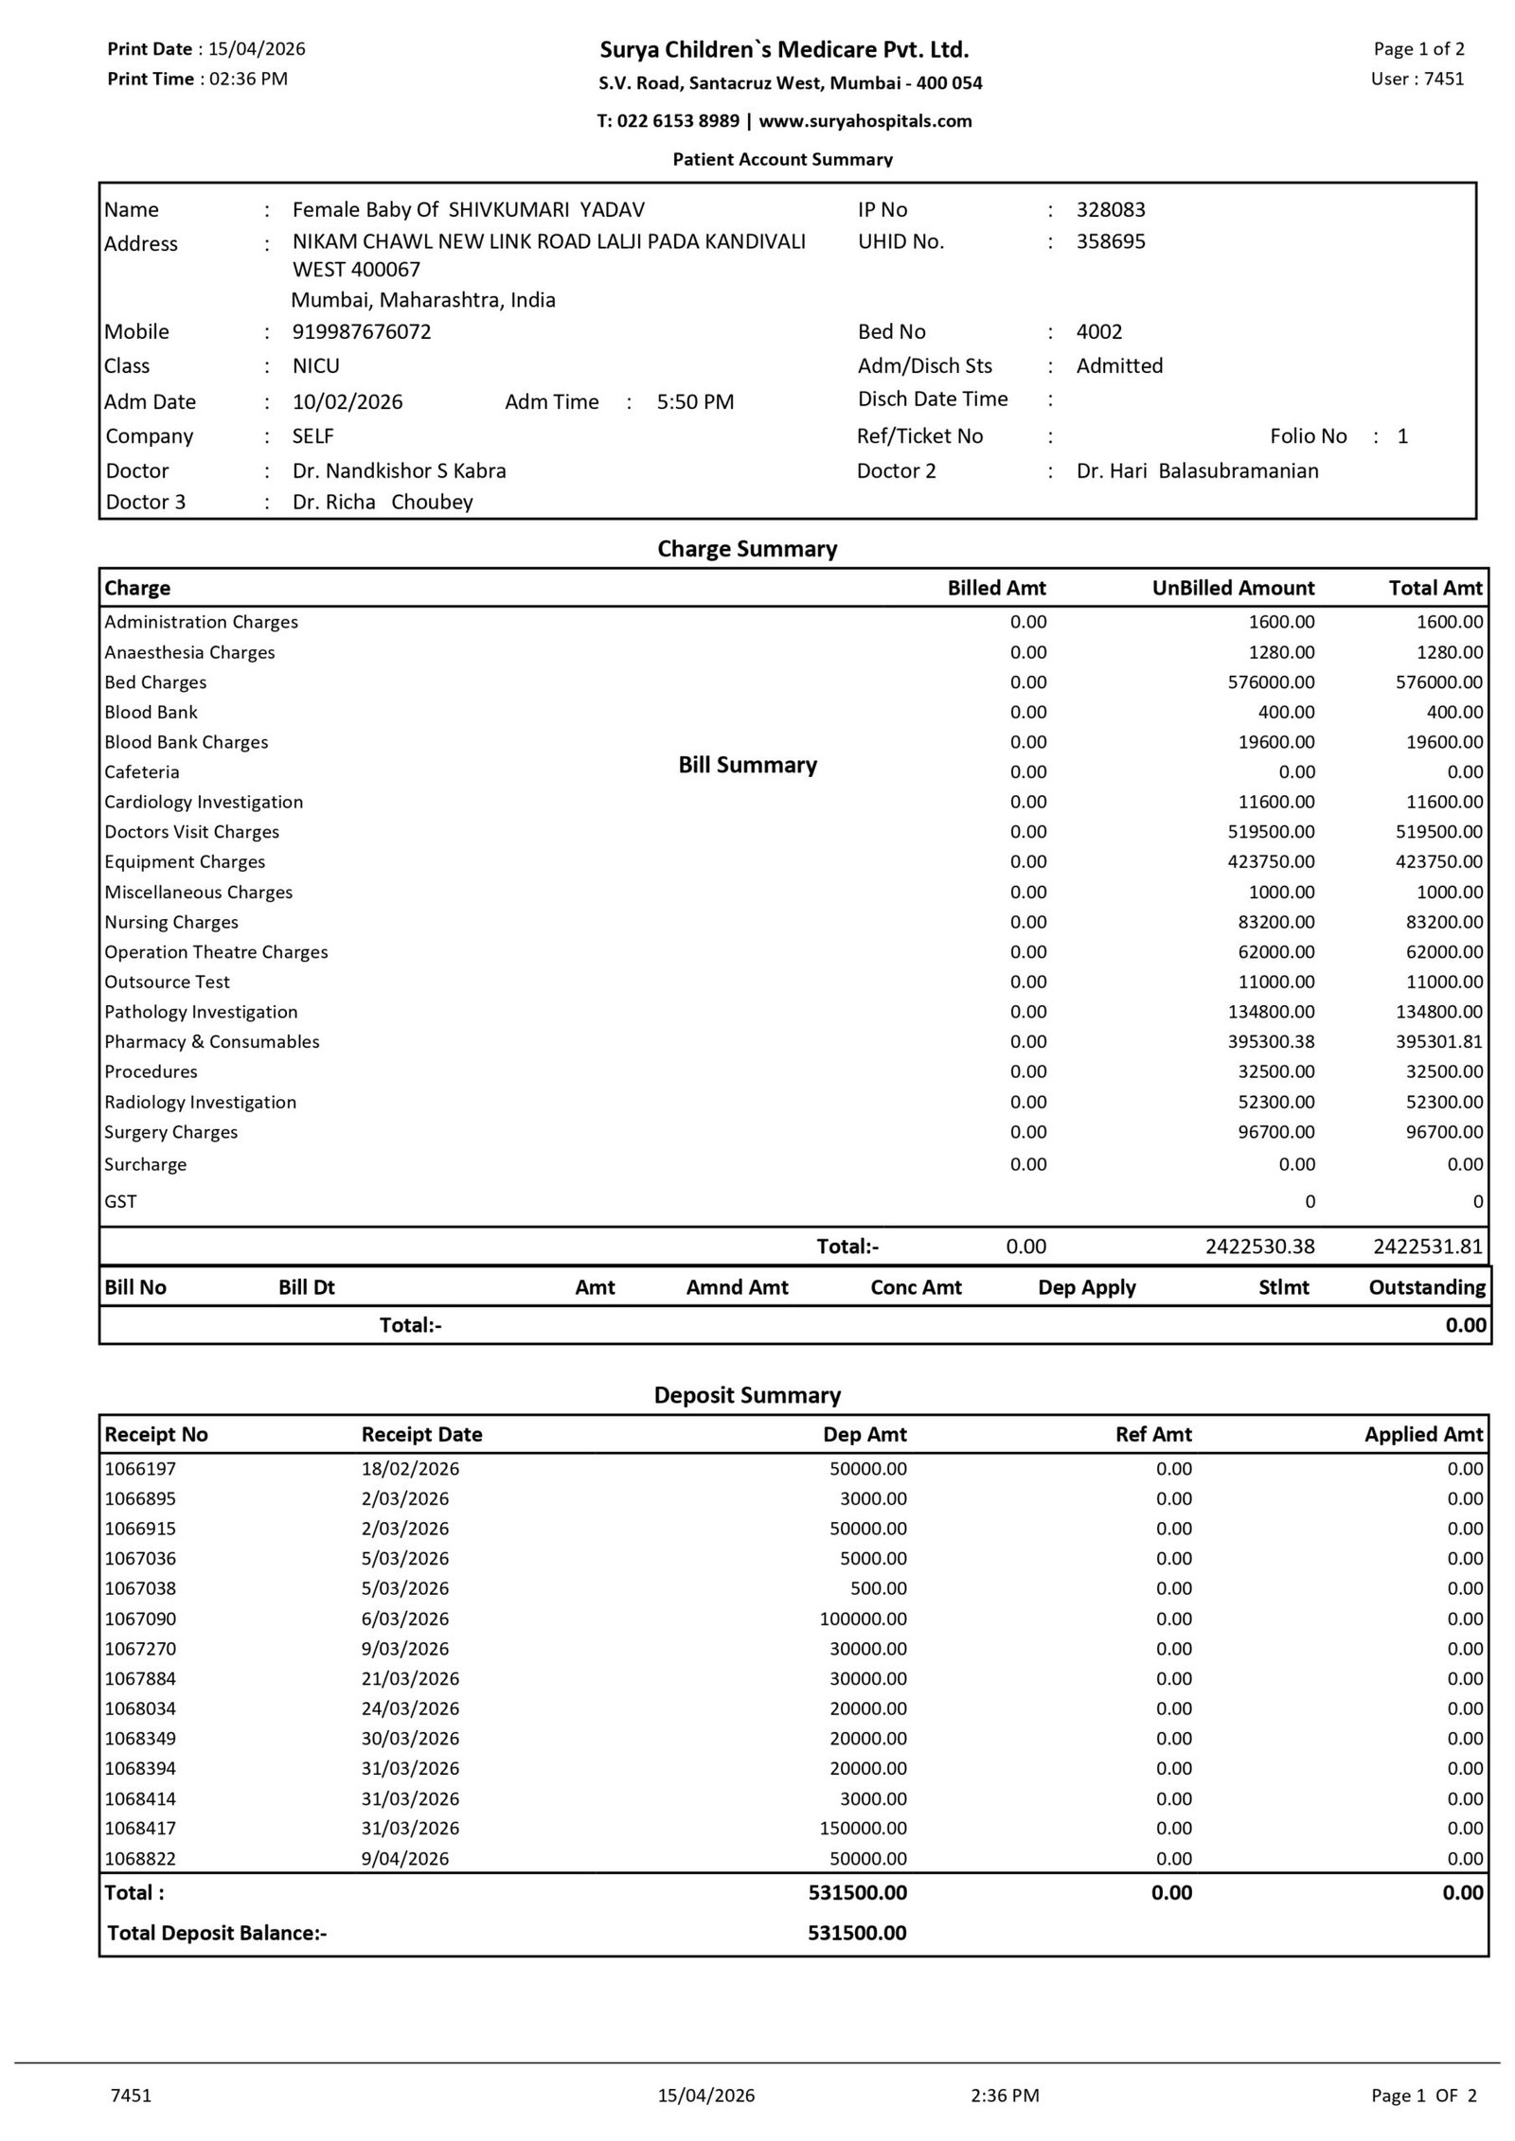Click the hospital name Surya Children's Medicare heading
click(784, 49)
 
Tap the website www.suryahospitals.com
click(864, 121)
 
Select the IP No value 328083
click(1110, 210)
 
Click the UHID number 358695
click(1110, 241)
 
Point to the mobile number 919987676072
click(362, 332)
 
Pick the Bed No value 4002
click(1098, 332)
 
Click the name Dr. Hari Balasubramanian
click(1197, 471)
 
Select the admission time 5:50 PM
click(695, 402)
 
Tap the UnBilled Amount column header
click(1233, 589)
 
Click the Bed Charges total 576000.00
click(1438, 682)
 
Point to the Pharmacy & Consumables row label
click(212, 1042)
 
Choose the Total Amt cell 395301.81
click(1438, 1042)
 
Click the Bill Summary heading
click(747, 766)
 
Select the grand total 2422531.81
click(1427, 1247)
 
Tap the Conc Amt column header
click(916, 1288)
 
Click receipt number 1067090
click(140, 1619)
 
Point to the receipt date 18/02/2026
click(410, 1469)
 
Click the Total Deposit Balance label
click(217, 1933)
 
